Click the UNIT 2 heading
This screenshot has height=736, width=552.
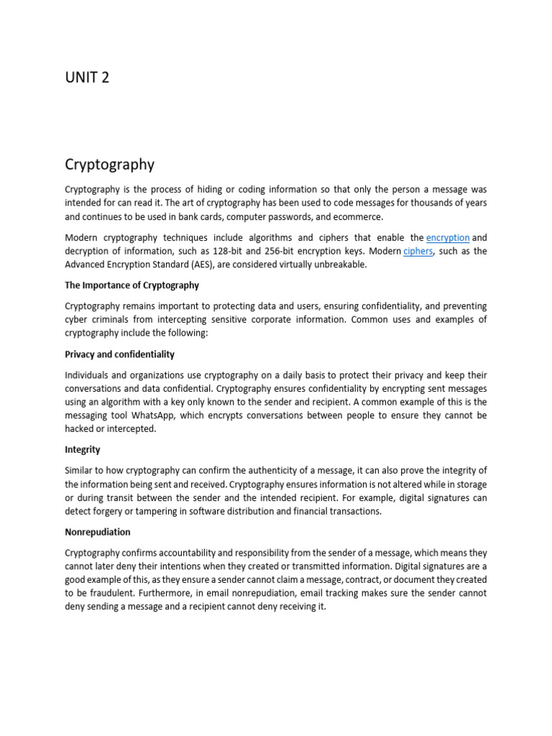87,78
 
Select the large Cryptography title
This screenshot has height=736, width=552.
109,165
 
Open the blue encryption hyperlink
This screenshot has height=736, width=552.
448,237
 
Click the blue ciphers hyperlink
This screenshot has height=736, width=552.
418,251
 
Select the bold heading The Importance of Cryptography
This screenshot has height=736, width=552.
132,285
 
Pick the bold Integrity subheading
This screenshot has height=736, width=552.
83,449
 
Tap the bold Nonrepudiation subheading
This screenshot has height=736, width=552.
98,533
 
